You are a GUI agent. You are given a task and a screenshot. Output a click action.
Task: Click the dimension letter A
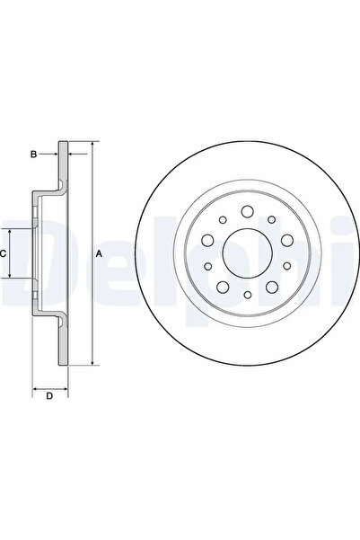[x=100, y=254]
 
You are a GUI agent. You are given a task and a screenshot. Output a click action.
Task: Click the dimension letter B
[x=33, y=155]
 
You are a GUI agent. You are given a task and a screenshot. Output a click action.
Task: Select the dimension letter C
[x=5, y=254]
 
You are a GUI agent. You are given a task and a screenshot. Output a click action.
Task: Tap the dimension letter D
[x=49, y=396]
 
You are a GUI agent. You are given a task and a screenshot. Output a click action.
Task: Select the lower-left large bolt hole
[x=221, y=287]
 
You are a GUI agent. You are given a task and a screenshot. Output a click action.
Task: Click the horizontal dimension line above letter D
[x=49, y=387]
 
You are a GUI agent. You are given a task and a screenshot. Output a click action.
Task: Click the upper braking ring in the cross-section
[x=63, y=166]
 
